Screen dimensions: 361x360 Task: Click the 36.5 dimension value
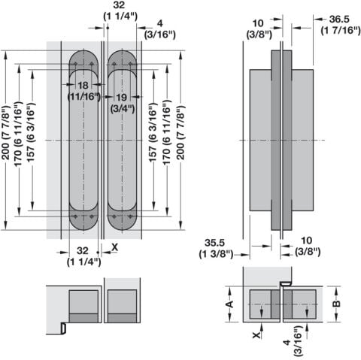point(339,20)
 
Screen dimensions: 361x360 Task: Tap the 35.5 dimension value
point(214,243)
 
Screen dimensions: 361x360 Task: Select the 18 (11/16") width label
point(83,91)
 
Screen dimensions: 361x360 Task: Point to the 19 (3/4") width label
point(122,103)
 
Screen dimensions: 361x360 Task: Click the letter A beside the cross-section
point(229,304)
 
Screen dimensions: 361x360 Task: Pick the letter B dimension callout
point(338,304)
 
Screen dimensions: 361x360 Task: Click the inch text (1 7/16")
point(341,30)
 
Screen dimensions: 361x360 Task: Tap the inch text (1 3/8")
point(216,254)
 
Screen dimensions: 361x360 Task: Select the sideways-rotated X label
point(256,335)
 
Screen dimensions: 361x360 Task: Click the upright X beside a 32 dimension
point(114,247)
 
